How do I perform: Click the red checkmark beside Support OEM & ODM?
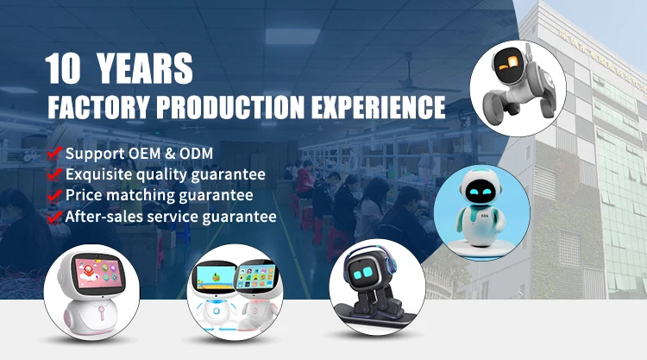(53, 154)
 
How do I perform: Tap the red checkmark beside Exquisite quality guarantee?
(53, 174)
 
